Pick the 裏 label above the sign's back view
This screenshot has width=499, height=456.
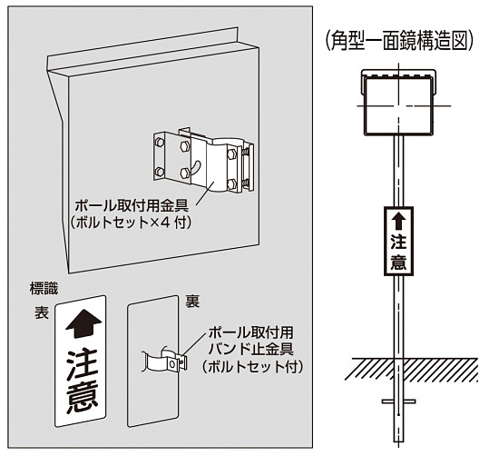[x=192, y=302]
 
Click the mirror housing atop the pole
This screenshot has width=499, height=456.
[x=397, y=101]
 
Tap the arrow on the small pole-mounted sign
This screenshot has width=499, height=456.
[x=397, y=220]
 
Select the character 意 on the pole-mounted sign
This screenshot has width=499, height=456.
[x=397, y=262]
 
